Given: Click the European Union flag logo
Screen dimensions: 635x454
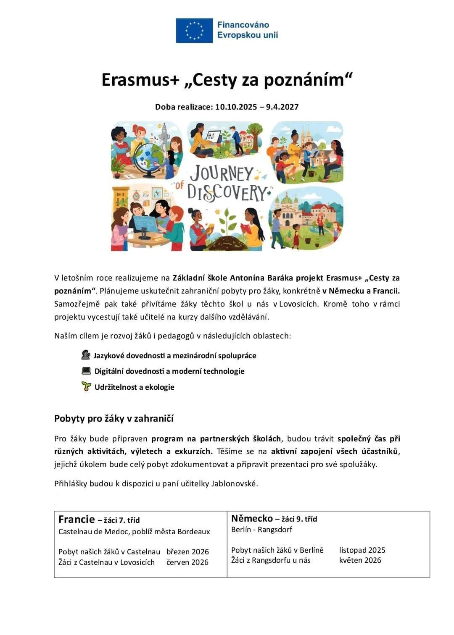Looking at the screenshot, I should pos(194,30).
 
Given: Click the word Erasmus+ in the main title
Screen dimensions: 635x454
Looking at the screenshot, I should pos(140,79).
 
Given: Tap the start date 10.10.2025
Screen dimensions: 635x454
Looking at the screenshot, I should pos(236,107).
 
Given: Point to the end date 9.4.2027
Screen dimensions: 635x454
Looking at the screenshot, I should pos(282,107).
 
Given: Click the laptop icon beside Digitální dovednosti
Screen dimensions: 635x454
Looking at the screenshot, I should pos(86,371).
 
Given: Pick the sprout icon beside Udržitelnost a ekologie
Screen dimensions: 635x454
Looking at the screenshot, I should pos(86,386).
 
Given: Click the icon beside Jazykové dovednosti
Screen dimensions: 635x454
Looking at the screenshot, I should pos(86,355).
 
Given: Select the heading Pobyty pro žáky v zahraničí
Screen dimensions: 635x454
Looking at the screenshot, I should pos(114,418).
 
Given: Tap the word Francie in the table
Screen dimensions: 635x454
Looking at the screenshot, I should pos(77,520).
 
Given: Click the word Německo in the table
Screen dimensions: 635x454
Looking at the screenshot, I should pos(252,518).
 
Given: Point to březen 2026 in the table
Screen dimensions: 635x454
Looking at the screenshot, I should pos(187,551).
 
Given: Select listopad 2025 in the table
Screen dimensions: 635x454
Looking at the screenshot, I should pos(362,550).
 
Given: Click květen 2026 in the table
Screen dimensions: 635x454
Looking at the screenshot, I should pos(360,560).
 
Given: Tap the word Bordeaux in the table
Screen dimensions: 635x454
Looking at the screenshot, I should pos(193,531).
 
